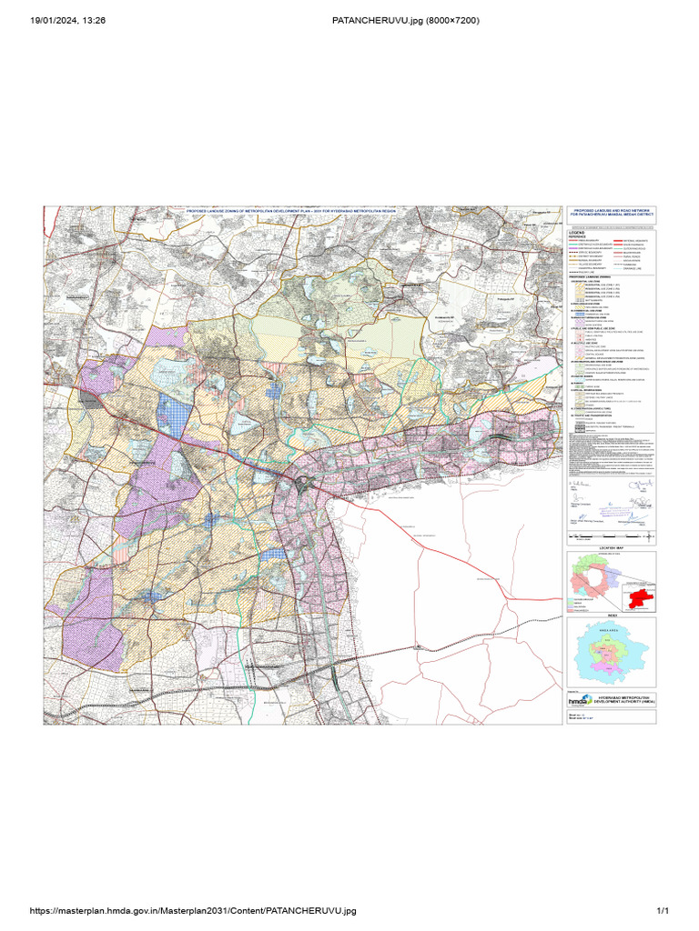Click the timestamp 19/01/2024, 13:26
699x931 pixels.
point(68,21)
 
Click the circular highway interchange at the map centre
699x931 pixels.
point(314,485)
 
